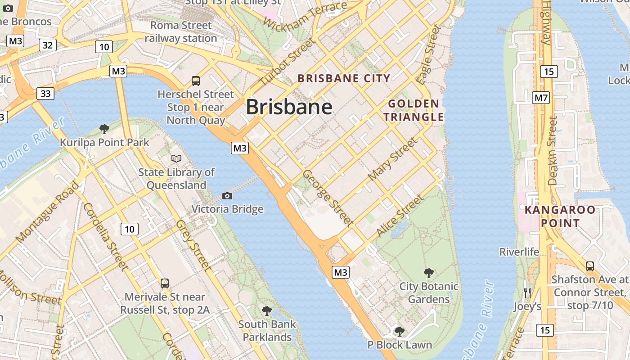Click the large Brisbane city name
[x=289, y=107]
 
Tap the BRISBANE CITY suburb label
[x=344, y=78]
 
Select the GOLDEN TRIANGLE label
[x=414, y=111]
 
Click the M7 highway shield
[x=540, y=97]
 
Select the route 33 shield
[x=45, y=93]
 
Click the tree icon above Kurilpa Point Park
[x=104, y=129]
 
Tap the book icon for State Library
[x=176, y=158]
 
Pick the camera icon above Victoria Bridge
[x=227, y=196]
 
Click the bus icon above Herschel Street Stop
[x=196, y=81]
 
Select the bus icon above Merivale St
[x=165, y=283]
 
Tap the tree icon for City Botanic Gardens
[x=429, y=273]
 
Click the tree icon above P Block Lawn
[x=399, y=332]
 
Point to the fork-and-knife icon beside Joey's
[x=527, y=293]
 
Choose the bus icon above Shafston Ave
[x=589, y=266]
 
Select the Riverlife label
[x=519, y=252]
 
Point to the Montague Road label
[x=47, y=211]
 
